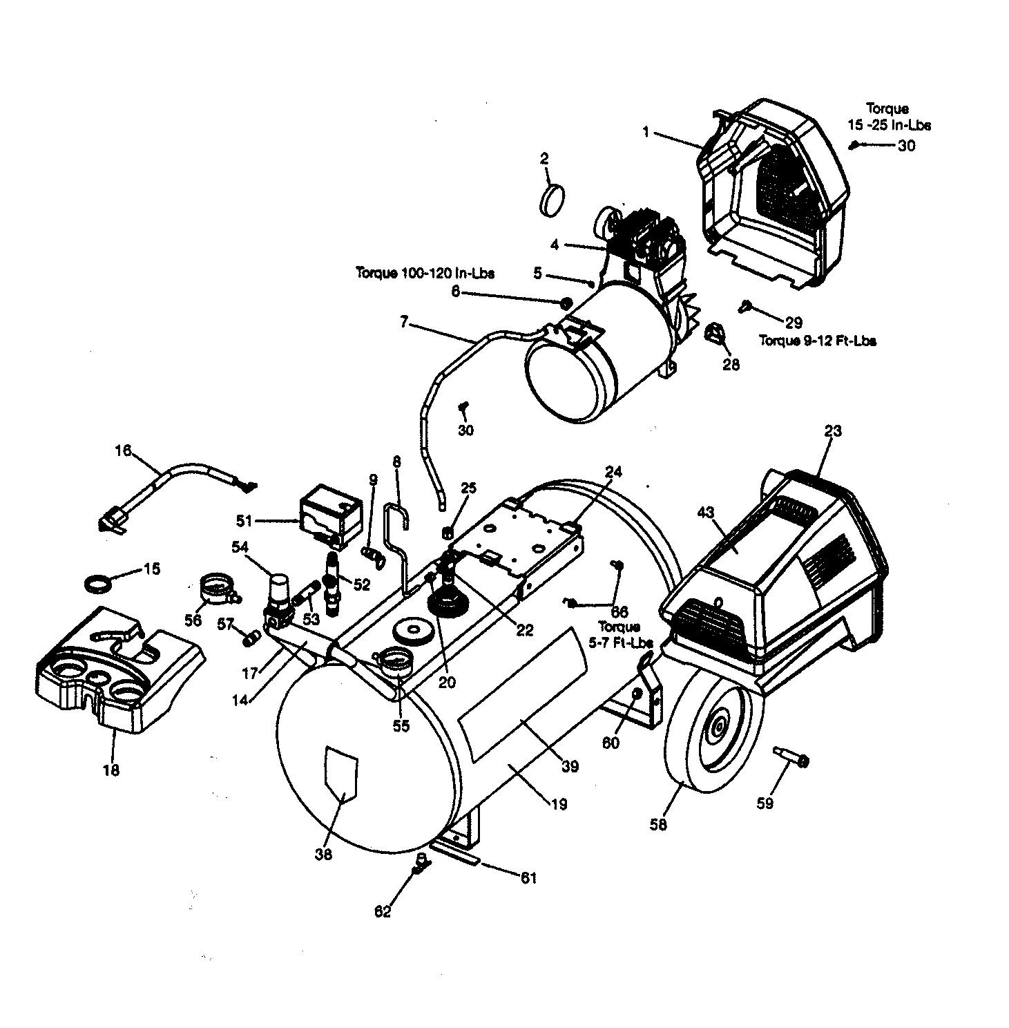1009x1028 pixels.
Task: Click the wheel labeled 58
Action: click(x=711, y=734)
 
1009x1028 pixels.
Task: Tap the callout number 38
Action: click(x=323, y=855)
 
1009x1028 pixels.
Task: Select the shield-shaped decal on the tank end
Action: click(x=341, y=773)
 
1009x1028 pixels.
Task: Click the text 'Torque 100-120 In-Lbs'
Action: click(x=425, y=273)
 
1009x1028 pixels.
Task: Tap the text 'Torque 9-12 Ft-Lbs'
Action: click(x=818, y=341)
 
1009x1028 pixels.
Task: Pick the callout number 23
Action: click(x=833, y=431)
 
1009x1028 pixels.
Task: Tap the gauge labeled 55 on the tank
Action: click(x=397, y=664)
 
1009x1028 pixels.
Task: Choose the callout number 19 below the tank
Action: click(x=559, y=803)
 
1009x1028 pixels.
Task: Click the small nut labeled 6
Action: click(x=565, y=302)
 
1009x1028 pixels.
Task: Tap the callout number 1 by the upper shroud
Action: click(x=646, y=132)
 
